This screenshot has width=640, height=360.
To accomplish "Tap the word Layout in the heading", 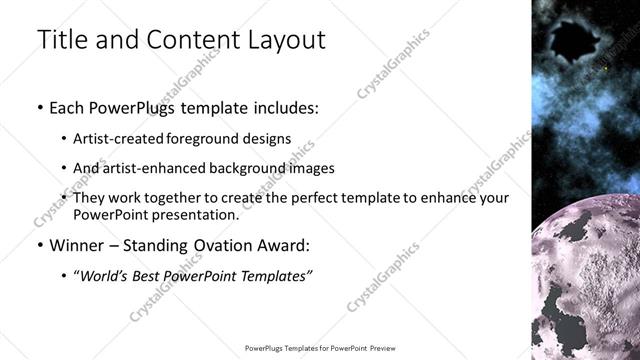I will (x=284, y=40).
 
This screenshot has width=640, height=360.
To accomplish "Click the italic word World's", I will (x=107, y=275).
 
